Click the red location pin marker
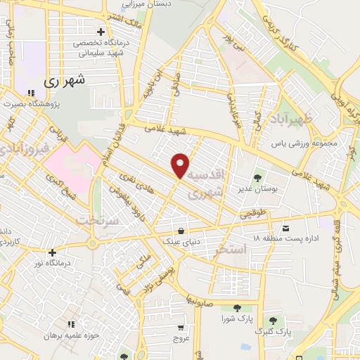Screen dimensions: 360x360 [181, 165]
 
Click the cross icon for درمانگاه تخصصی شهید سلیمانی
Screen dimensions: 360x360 [102, 32]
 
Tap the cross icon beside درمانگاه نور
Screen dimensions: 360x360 [51, 252]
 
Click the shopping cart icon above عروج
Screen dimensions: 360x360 [181, 328]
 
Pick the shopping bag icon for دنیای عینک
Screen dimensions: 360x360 [181, 230]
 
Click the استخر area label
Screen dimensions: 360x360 [230, 250]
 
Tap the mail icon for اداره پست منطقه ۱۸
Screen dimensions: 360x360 [285, 229]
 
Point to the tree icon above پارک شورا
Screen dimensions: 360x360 [236, 307]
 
